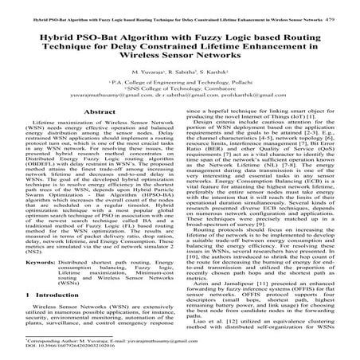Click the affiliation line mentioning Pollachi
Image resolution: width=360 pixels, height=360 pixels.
coord(179,82)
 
